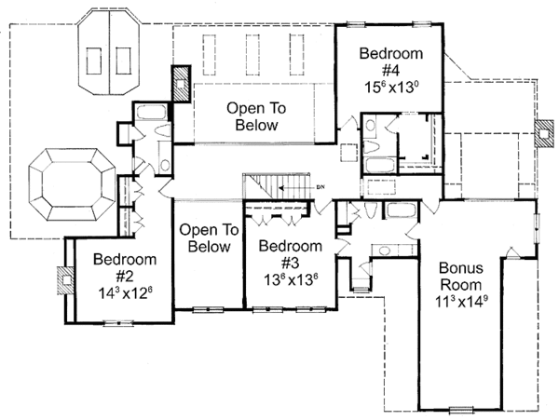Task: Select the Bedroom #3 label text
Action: click(x=290, y=254)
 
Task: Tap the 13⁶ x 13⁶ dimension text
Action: click(x=290, y=279)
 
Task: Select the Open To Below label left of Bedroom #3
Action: click(x=209, y=238)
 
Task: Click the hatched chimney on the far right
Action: click(x=544, y=132)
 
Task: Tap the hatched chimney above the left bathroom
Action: click(x=180, y=83)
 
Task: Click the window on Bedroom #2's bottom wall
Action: click(x=117, y=321)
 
